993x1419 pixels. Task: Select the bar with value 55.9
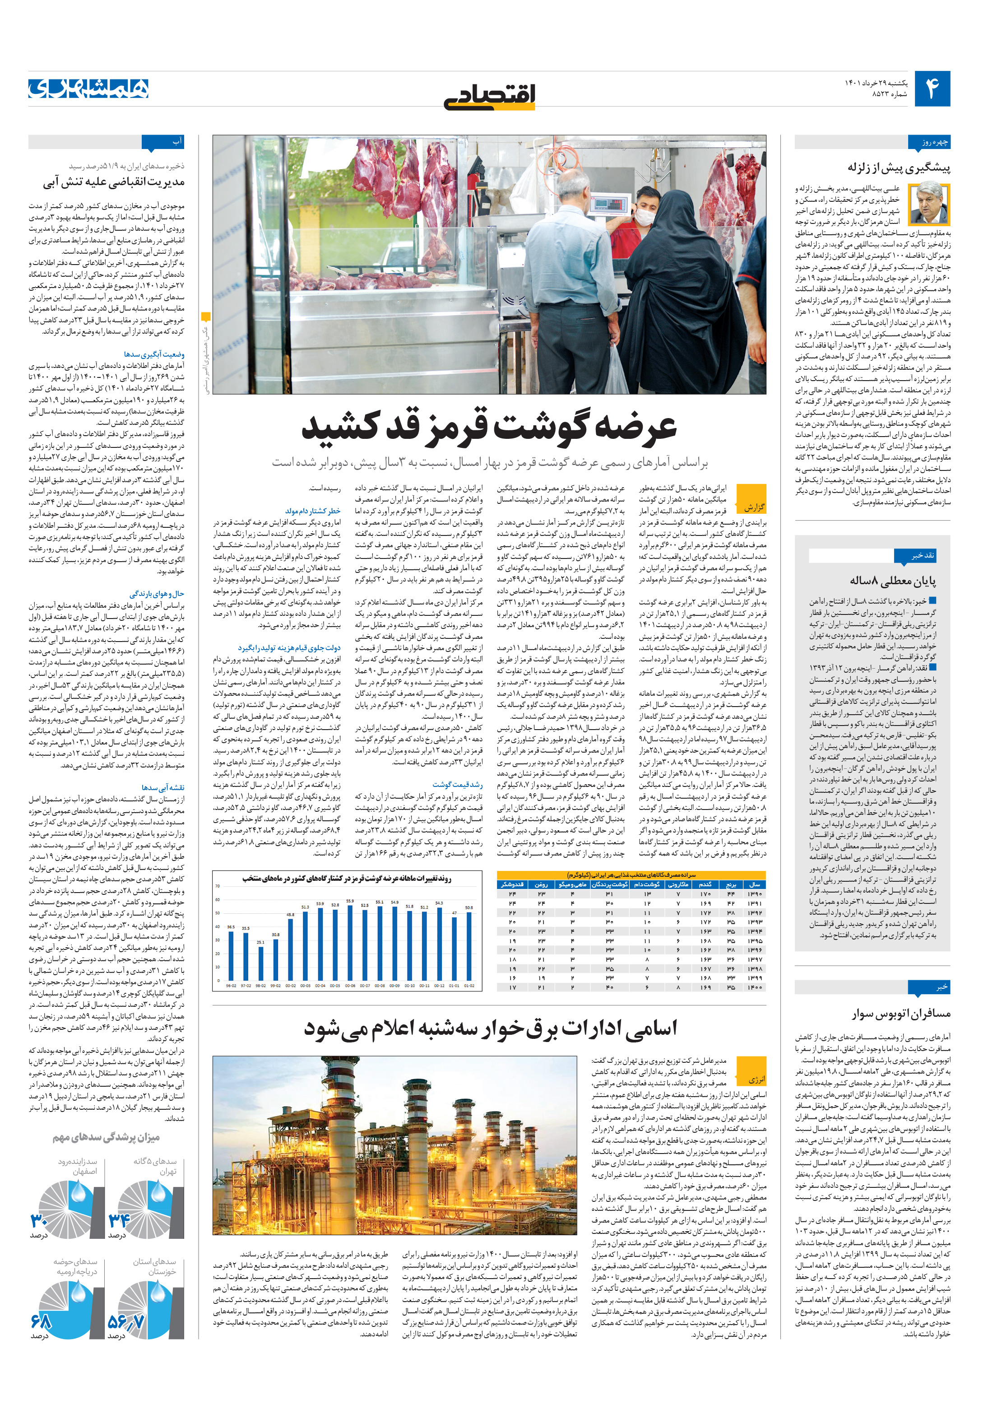point(350,943)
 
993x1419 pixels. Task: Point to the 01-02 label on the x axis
point(469,986)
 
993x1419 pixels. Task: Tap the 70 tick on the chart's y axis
point(218,886)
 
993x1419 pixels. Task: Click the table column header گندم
point(705,884)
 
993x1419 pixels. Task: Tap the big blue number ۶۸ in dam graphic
point(42,1321)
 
